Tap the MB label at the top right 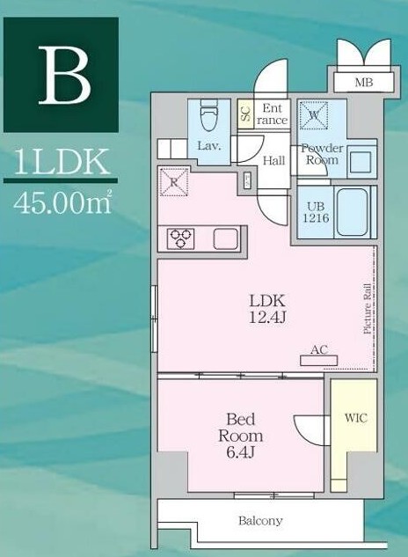362,84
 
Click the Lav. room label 208,145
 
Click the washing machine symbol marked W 312,114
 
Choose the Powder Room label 322,154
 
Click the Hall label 273,161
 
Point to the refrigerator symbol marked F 171,183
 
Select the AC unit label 318,350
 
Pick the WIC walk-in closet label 355,418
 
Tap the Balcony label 260,521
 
